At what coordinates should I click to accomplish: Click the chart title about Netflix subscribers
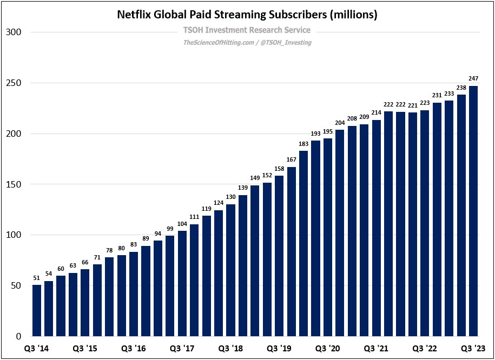[x=247, y=15]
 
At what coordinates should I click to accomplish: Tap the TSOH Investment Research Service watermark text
[x=247, y=30]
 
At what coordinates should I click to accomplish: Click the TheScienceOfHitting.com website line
[x=247, y=42]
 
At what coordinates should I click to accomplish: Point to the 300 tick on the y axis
[x=13, y=32]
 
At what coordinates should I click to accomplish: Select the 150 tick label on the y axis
[x=13, y=184]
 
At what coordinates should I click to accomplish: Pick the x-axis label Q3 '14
[x=37, y=348]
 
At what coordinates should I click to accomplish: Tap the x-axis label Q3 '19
[x=279, y=348]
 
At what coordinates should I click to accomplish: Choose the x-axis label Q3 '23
[x=473, y=348]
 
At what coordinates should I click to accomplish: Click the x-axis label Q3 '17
[x=182, y=348]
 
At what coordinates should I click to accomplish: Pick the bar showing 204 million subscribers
[x=340, y=232]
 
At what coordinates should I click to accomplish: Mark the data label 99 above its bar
[x=170, y=229]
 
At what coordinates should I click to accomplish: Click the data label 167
[x=292, y=161]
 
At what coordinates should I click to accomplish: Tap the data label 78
[x=109, y=251]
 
